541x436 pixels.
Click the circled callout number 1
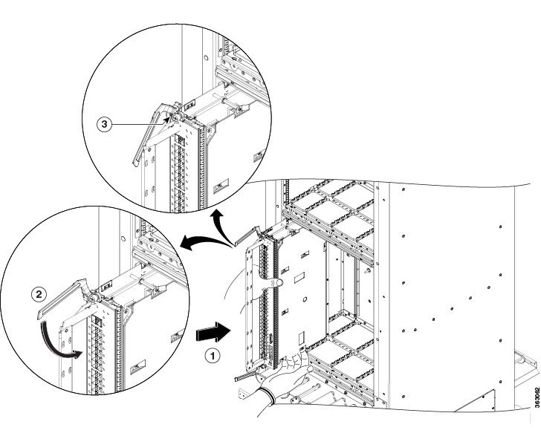click(x=213, y=355)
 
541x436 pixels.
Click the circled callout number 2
click(x=39, y=294)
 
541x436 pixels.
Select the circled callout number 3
click(x=104, y=124)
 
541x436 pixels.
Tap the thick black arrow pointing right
click(x=213, y=332)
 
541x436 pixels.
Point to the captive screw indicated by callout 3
click(x=175, y=117)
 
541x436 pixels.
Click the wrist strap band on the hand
click(x=268, y=395)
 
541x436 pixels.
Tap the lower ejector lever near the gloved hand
click(x=247, y=374)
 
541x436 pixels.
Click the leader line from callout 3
click(x=140, y=124)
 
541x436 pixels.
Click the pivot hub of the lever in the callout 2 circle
click(x=92, y=298)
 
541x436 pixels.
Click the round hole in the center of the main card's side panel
click(x=305, y=299)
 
